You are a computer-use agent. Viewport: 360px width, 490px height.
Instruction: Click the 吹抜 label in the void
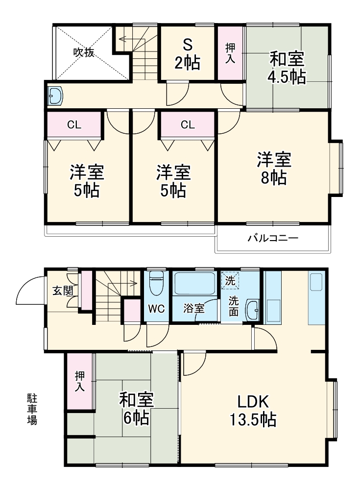[x=84, y=52]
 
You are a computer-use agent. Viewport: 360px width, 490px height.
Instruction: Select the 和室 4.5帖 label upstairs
[x=287, y=69]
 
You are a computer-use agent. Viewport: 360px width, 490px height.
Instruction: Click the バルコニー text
[x=273, y=238]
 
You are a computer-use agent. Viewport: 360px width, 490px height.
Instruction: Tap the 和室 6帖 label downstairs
[x=137, y=409]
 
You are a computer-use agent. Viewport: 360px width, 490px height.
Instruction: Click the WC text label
[x=157, y=308]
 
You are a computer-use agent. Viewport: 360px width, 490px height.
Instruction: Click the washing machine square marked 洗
[x=230, y=281]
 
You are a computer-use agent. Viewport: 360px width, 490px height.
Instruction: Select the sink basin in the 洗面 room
[x=252, y=309]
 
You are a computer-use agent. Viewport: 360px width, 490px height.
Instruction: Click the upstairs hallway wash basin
[x=55, y=96]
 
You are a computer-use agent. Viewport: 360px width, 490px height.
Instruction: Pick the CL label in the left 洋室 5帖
[x=74, y=124]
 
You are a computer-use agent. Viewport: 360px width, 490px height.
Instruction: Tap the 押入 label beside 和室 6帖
[x=79, y=382]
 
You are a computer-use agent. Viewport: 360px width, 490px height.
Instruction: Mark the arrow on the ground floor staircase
[x=127, y=283]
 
